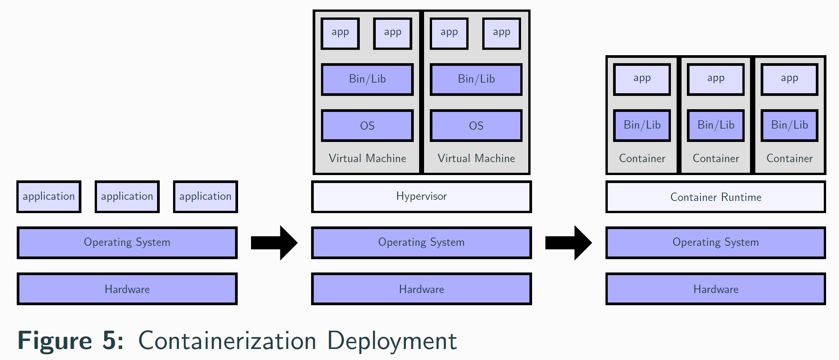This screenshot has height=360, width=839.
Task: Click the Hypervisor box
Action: coord(421,196)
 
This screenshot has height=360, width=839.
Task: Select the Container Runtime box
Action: coord(715,197)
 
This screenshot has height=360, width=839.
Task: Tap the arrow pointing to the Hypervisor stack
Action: coord(274,242)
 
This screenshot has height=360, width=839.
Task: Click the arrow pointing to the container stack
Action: coord(568,242)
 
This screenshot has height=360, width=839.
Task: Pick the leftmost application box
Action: coord(49,196)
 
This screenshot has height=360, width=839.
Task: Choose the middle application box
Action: coord(127,196)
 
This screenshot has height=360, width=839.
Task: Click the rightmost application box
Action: coord(205,196)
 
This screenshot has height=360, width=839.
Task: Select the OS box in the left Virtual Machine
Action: coord(367,126)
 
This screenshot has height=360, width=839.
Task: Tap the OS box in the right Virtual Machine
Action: coord(476,126)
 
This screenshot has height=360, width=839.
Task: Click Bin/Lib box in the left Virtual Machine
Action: coord(367,79)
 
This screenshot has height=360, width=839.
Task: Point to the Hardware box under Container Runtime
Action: coord(715,289)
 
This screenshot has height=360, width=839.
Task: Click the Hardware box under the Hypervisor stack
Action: coord(421,289)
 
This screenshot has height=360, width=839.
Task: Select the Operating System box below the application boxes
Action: coord(127,242)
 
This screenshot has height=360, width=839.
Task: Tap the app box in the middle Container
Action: coord(715,79)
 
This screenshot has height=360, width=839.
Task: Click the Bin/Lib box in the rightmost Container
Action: coord(789,125)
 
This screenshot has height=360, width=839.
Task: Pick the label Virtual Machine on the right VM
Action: coord(476,158)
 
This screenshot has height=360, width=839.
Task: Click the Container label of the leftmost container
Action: coord(642,158)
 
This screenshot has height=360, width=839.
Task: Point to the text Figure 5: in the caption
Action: coord(71,341)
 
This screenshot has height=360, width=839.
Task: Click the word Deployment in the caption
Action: coord(392,341)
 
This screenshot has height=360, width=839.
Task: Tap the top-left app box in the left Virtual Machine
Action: coord(340,33)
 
